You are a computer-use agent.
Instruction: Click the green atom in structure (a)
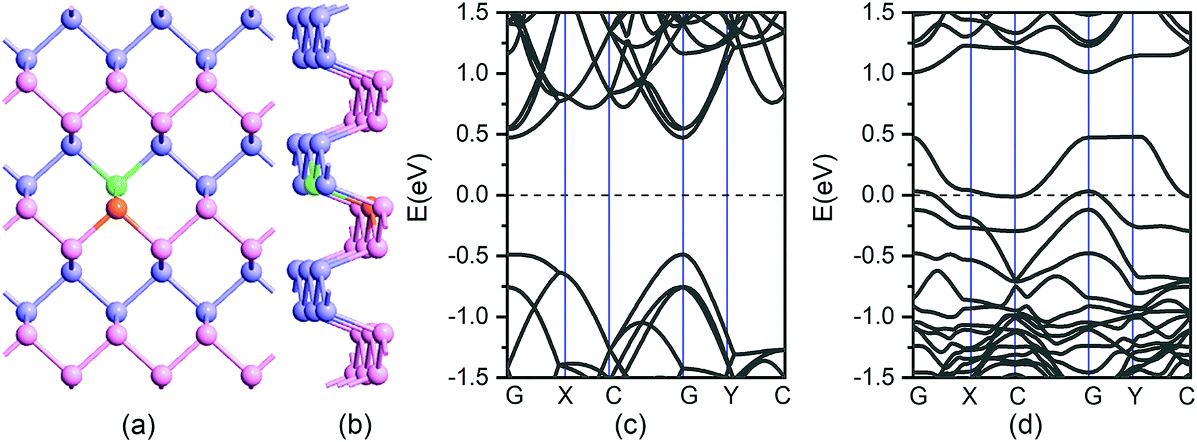pos(116,184)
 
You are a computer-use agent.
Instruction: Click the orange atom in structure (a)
pos(116,209)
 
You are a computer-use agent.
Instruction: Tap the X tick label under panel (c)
pos(565,396)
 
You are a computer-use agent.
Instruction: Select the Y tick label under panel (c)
pos(731,396)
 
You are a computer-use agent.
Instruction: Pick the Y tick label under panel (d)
pos(1135,396)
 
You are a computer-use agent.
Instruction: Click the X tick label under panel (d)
pos(970,396)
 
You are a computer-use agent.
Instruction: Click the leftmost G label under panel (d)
pos(918,396)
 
